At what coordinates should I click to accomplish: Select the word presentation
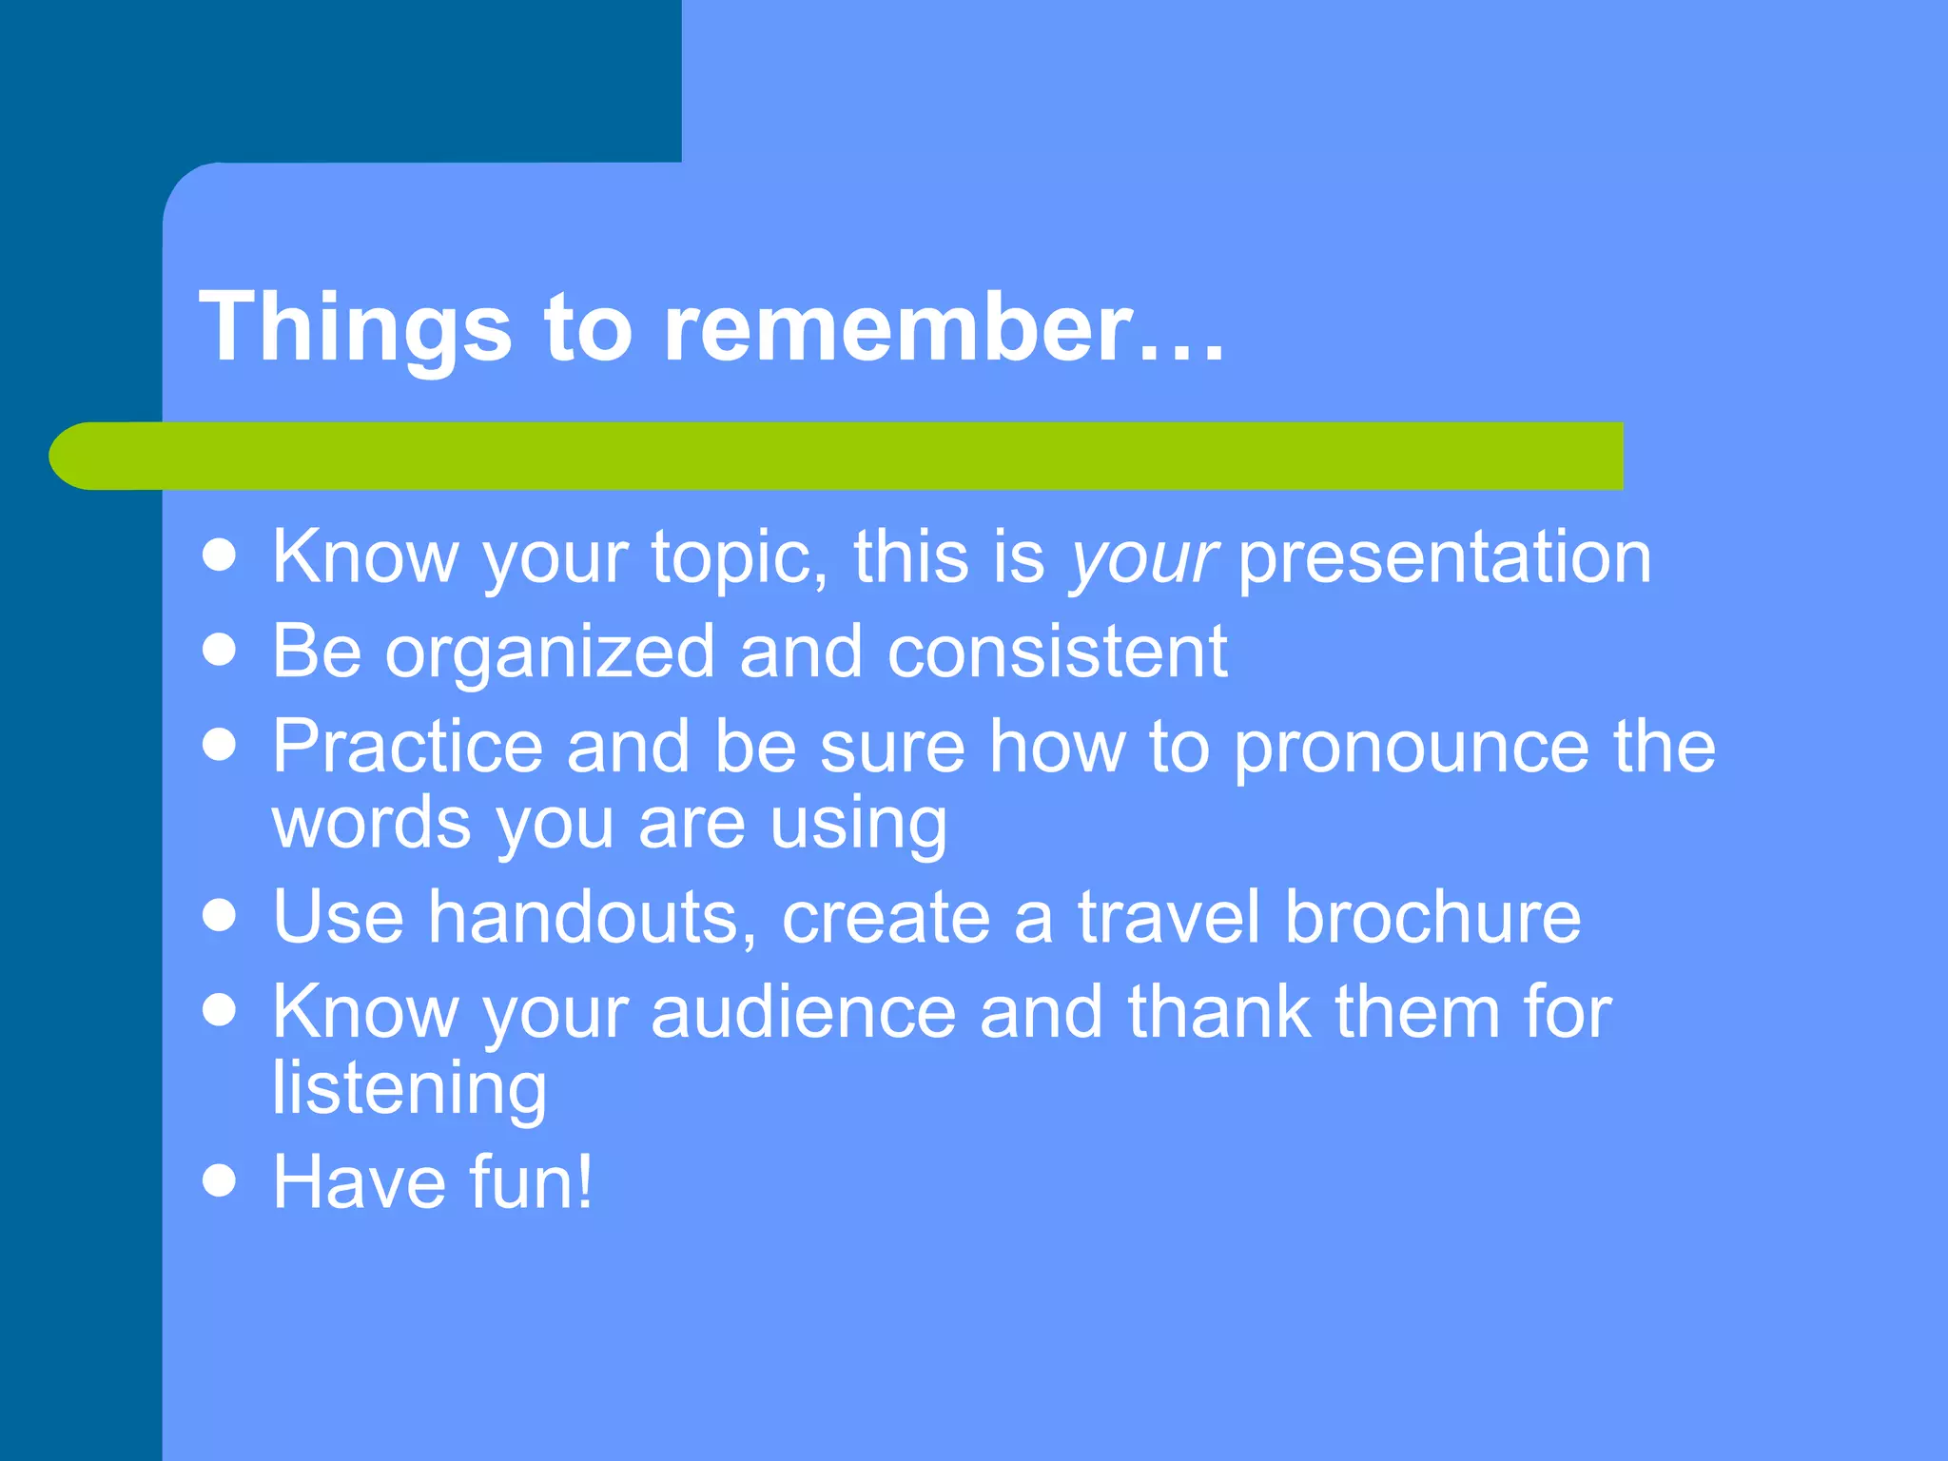[x=1444, y=559]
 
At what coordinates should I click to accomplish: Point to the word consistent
[x=1057, y=653]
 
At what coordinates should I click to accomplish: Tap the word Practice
[x=407, y=747]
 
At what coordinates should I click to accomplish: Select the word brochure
[x=1432, y=917]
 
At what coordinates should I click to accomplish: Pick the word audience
[x=804, y=1012]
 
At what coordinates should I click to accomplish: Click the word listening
[x=409, y=1090]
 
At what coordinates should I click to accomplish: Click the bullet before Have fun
[x=220, y=1181]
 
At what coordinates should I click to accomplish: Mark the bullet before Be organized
[x=220, y=651]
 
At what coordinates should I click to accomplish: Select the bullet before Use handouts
[x=220, y=915]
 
